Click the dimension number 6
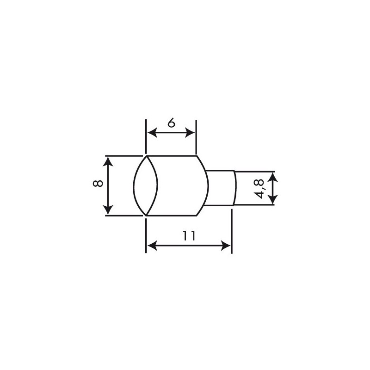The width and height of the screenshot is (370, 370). click(x=171, y=123)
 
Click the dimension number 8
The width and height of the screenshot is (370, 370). click(x=97, y=184)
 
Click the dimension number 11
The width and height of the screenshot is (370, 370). click(x=188, y=235)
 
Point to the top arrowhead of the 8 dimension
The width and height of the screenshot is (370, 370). click(x=108, y=160)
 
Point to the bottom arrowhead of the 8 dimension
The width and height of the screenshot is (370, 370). click(x=108, y=211)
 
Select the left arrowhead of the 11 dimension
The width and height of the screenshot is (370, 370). click(x=151, y=246)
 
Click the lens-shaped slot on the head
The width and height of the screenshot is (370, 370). click(x=146, y=185)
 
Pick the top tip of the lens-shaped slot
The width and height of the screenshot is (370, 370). click(x=146, y=156)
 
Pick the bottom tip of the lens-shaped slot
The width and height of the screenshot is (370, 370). click(x=146, y=215)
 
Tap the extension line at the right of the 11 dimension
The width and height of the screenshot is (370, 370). click(x=231, y=231)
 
